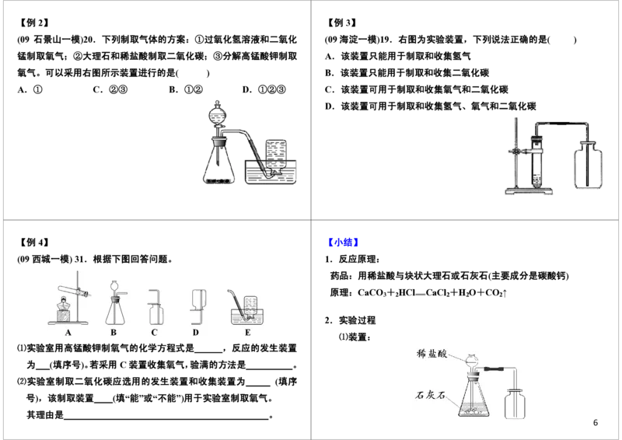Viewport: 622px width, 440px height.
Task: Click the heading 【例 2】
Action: [x=34, y=23]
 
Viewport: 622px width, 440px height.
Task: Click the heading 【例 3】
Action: [x=342, y=23]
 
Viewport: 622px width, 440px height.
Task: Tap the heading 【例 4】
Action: [x=34, y=242]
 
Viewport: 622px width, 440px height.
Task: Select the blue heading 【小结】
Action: [x=344, y=242]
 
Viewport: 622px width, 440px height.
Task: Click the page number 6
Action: [x=595, y=423]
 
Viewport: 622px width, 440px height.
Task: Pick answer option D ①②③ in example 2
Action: [x=264, y=89]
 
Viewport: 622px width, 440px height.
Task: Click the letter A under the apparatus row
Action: [x=68, y=333]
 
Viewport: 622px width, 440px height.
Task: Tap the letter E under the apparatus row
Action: [x=247, y=333]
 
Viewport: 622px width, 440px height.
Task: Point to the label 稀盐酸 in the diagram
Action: [x=432, y=353]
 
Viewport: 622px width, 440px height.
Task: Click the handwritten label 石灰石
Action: [x=431, y=395]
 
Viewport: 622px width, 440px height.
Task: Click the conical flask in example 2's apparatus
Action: [x=218, y=162]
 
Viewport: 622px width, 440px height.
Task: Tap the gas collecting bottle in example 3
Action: [x=588, y=165]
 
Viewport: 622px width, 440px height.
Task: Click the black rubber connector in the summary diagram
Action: [x=494, y=369]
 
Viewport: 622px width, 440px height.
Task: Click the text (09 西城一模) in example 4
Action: [x=44, y=260]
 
